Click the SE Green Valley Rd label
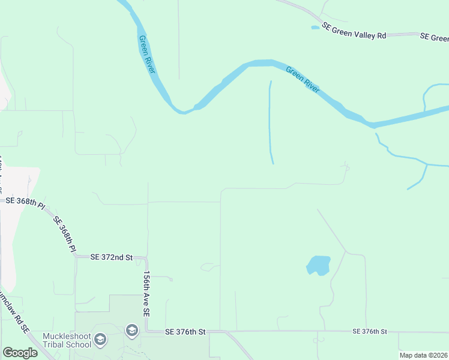point(354,31)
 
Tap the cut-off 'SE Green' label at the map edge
point(434,37)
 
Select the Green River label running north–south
point(147,55)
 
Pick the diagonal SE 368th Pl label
point(65,233)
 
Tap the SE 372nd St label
point(111,257)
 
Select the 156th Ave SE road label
point(146,293)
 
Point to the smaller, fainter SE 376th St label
point(370,331)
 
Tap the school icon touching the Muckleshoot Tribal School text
point(100,340)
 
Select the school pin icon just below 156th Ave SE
point(131,331)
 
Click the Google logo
point(20,353)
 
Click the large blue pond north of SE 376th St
point(319,265)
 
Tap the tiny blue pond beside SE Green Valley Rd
point(315,28)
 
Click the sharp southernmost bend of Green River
point(181,111)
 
